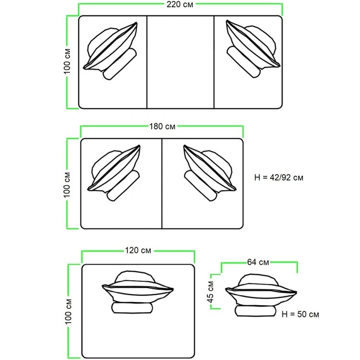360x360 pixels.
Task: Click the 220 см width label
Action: pos(180,4)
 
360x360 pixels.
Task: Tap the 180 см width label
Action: pos(162,126)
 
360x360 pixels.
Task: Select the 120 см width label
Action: pos(138,250)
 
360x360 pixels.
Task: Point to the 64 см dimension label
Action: pos(258,262)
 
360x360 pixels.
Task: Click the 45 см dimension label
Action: pos(210,291)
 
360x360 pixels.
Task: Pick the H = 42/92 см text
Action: pos(279,178)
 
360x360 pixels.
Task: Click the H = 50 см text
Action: pos(300,314)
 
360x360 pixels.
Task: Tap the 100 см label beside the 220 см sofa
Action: pos(67,61)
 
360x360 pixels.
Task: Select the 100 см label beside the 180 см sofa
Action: pos(67,185)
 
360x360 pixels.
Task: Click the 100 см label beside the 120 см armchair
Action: pos(69,312)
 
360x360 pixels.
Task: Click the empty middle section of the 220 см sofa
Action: pos(180,62)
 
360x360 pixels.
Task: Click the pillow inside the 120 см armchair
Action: pos(138,286)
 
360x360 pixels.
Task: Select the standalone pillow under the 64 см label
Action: pos(261,289)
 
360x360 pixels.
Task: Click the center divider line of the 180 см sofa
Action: pos(162,183)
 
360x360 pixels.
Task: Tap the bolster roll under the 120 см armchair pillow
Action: pos(132,308)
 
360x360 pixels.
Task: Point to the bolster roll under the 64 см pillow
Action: pos(255,311)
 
